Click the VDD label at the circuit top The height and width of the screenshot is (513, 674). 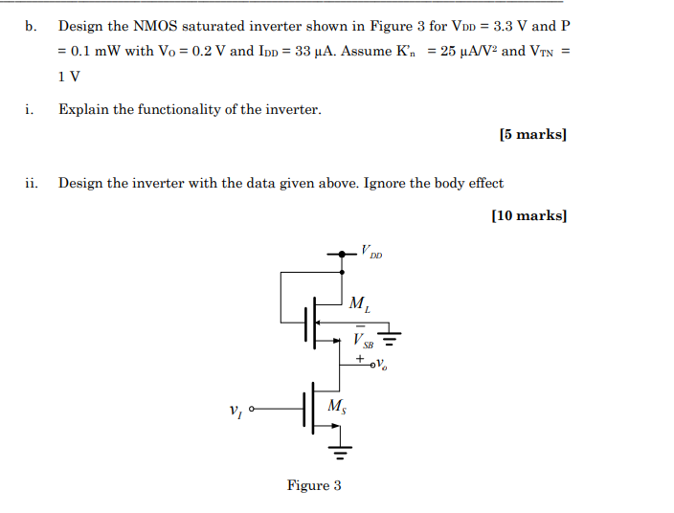371,253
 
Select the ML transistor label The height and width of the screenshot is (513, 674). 360,305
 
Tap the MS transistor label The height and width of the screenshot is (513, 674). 338,406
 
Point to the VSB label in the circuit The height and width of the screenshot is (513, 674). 363,339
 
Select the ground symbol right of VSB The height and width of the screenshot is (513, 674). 390,335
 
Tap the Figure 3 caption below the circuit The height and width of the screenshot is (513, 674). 314,485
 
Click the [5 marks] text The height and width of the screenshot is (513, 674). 533,135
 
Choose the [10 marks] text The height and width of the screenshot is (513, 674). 529,215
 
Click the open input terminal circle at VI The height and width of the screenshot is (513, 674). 253,410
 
